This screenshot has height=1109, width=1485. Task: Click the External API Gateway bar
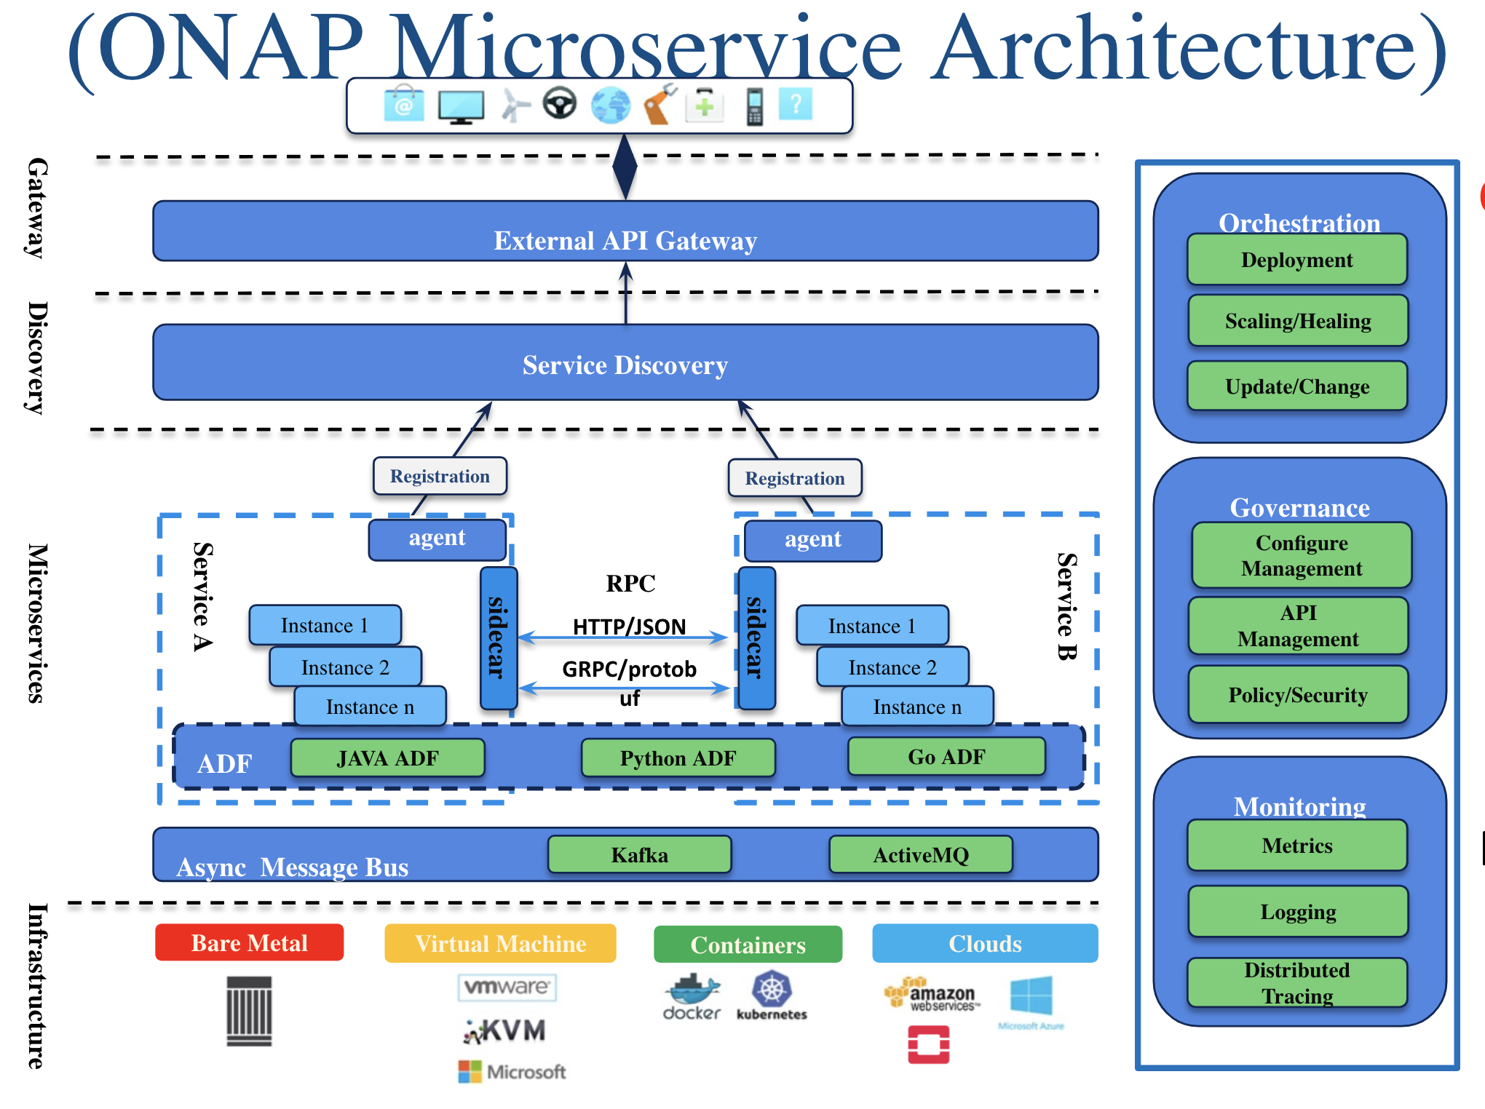(x=625, y=231)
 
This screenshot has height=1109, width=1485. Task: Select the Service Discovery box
(x=625, y=363)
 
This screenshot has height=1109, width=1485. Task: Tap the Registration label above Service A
(x=440, y=477)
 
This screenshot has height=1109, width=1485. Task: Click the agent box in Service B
(x=812, y=540)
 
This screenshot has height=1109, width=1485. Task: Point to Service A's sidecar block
(x=499, y=637)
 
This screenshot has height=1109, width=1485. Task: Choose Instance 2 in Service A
(x=345, y=667)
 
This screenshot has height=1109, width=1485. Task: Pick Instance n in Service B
(x=917, y=707)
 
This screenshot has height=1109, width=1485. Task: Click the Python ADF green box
(x=678, y=758)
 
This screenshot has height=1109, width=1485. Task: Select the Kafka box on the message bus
(x=639, y=854)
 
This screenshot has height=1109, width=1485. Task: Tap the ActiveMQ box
(x=921, y=854)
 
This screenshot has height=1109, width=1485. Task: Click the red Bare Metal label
(x=249, y=943)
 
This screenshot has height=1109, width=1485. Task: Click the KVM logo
(x=504, y=1030)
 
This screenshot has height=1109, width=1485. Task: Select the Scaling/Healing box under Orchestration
(x=1298, y=321)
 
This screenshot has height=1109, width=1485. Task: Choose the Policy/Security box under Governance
(x=1298, y=695)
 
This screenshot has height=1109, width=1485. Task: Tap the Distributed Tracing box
(x=1297, y=983)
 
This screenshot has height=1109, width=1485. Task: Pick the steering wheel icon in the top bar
(x=559, y=104)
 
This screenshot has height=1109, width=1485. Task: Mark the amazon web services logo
(x=932, y=995)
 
